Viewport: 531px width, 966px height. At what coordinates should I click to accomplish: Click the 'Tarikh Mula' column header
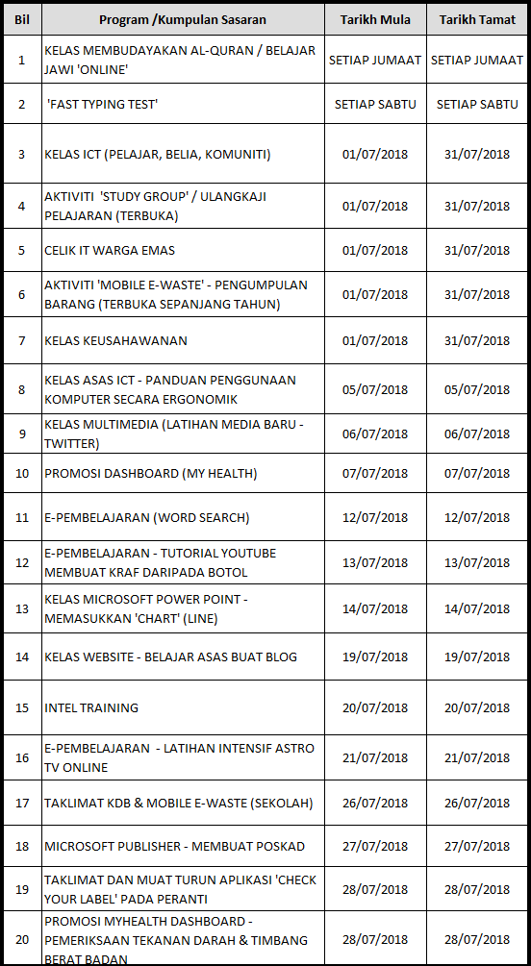tap(375, 20)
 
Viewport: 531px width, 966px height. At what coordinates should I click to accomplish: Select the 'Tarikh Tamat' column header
tap(477, 20)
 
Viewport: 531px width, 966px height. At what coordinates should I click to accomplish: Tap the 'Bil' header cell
tap(21, 20)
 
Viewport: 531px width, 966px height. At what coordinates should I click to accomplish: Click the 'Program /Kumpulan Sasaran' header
tap(183, 20)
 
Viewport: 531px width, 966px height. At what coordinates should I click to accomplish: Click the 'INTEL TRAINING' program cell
tap(91, 707)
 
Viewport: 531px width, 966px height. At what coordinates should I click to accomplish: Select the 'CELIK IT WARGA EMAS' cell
tap(110, 251)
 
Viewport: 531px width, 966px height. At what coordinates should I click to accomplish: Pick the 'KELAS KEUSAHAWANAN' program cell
tap(115, 340)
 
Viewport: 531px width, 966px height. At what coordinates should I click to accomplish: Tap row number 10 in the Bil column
tap(22, 474)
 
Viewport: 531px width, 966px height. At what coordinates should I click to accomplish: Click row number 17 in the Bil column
tap(22, 803)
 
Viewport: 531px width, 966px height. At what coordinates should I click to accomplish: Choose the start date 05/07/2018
tap(375, 390)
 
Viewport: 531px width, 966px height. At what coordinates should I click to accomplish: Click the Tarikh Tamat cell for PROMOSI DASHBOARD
tap(477, 474)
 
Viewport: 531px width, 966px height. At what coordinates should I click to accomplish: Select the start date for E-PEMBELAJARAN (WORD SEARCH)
tap(375, 518)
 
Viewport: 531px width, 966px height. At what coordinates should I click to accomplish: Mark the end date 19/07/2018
tap(477, 657)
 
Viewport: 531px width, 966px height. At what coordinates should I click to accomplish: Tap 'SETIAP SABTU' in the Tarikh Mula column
tap(375, 104)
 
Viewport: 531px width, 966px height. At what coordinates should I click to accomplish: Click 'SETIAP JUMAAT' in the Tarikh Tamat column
tap(477, 60)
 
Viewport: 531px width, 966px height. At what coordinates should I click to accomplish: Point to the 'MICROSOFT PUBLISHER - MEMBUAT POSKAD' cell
tap(174, 847)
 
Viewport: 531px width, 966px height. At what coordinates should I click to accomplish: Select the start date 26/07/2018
tap(375, 803)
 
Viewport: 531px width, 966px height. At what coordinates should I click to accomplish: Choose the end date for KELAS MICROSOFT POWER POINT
tap(477, 608)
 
